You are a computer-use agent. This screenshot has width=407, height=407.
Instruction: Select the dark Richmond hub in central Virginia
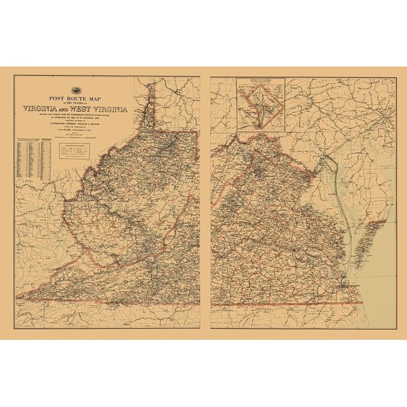point(291,249)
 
